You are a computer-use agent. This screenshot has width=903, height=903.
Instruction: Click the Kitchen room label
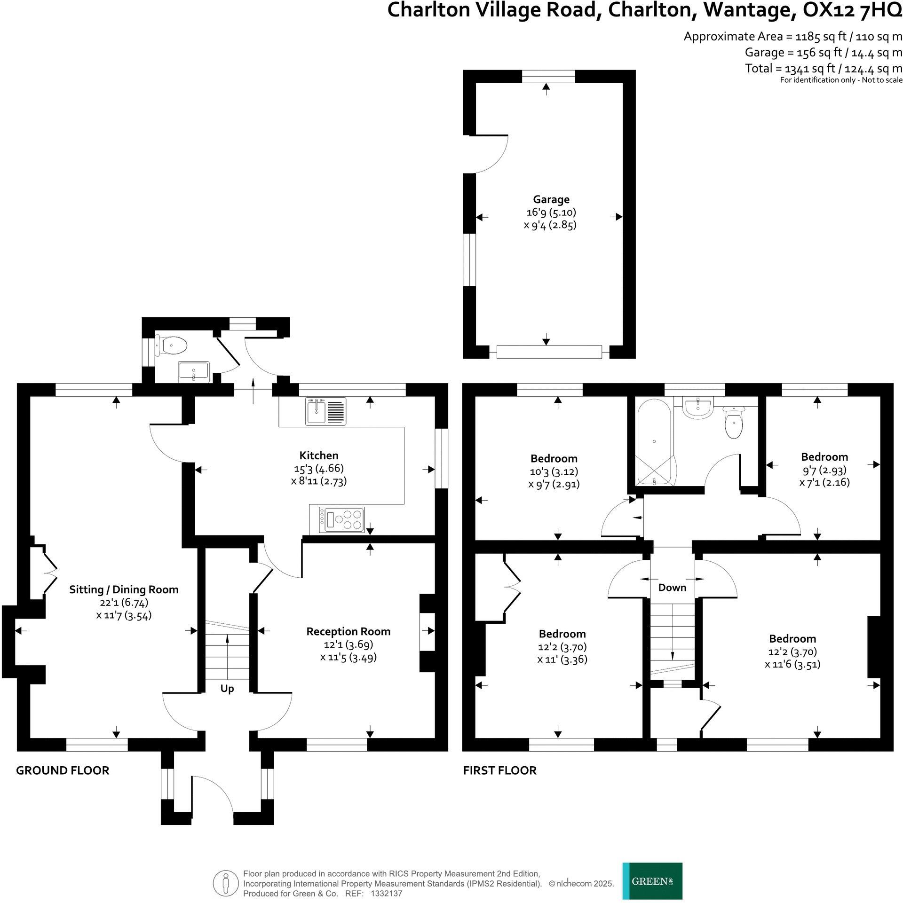click(x=319, y=455)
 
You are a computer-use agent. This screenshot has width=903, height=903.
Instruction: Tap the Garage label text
click(x=551, y=200)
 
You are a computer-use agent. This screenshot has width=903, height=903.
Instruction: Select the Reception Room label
click(x=348, y=631)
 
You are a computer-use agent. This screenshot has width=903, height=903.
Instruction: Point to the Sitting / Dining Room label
click(x=124, y=589)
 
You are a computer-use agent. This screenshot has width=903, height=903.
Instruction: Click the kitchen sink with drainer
click(x=326, y=411)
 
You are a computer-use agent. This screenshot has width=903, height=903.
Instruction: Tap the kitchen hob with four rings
click(x=342, y=520)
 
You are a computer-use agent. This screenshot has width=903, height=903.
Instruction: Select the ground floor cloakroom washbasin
click(x=194, y=372)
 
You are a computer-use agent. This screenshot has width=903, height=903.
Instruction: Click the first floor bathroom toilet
click(x=734, y=422)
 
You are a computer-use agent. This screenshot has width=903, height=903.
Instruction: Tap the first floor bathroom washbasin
click(x=699, y=408)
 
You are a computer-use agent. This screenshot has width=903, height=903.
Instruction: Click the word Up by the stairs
click(x=227, y=689)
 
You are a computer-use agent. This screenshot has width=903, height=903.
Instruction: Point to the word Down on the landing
click(x=672, y=587)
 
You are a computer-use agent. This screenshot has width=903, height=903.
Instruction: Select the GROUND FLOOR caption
click(x=63, y=770)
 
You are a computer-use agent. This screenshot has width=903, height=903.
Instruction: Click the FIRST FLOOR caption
click(x=499, y=770)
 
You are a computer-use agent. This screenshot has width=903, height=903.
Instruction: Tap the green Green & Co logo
click(x=652, y=881)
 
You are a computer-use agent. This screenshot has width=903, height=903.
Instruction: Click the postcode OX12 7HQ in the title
click(x=852, y=10)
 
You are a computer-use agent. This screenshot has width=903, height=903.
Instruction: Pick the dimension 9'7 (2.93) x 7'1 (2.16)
click(x=824, y=476)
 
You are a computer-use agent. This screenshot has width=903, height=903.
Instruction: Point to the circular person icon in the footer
click(x=226, y=884)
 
